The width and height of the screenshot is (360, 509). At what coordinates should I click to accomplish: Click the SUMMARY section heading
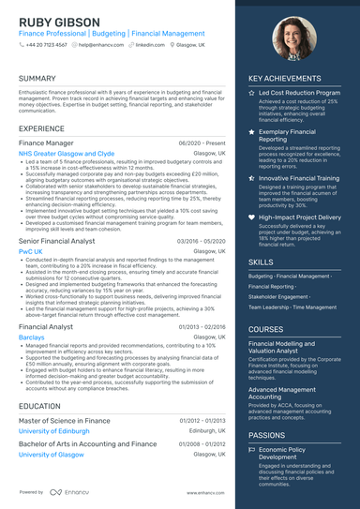tap(37, 79)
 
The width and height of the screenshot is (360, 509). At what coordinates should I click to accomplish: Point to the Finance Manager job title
tap(47, 142)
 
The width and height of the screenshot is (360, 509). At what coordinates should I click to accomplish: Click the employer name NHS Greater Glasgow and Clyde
tap(67, 153)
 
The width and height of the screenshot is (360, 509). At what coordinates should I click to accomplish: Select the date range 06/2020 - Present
tap(202, 142)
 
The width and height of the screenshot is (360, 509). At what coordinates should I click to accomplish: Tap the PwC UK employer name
tap(31, 252)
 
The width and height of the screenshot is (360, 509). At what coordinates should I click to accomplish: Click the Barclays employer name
tap(32, 336)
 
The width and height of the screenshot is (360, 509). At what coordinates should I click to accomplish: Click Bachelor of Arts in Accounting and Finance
tap(87, 443)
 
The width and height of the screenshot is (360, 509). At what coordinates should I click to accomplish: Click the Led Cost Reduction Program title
tap(299, 94)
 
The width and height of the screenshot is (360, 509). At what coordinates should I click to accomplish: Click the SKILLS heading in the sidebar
tap(262, 263)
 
